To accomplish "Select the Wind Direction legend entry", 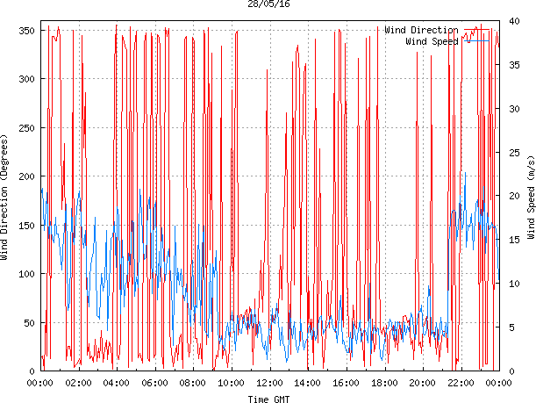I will tap(422, 30).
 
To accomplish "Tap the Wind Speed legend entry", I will tap(432, 40).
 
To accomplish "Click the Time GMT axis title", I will tap(269, 398).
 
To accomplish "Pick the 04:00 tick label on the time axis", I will tap(117, 383).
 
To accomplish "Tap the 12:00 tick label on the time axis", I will tap(269, 383).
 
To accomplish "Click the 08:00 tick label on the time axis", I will tap(193, 383).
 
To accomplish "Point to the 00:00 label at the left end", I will tap(40, 383).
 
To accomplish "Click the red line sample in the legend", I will tap(479, 30).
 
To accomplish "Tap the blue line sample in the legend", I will tap(479, 40).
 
